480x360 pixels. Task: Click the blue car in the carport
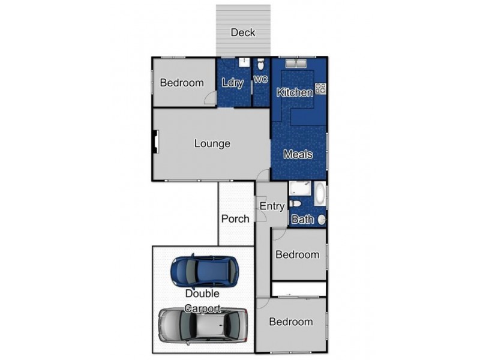click(x=204, y=272)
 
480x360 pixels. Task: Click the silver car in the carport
click(x=203, y=325)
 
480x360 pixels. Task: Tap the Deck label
click(x=243, y=32)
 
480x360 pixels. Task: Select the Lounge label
click(x=212, y=144)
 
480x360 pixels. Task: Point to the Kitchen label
click(x=294, y=92)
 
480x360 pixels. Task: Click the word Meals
click(x=298, y=154)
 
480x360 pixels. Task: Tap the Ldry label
click(x=232, y=83)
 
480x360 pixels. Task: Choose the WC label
click(x=260, y=79)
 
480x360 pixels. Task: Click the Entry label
click(x=272, y=206)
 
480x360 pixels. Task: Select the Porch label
click(x=235, y=218)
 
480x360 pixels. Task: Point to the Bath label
click(x=302, y=220)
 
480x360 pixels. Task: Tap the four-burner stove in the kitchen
click(x=320, y=89)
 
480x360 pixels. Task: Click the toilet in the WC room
click(x=260, y=64)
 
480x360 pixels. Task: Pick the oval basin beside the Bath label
click(x=322, y=220)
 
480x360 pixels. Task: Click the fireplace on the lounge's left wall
click(x=155, y=144)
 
